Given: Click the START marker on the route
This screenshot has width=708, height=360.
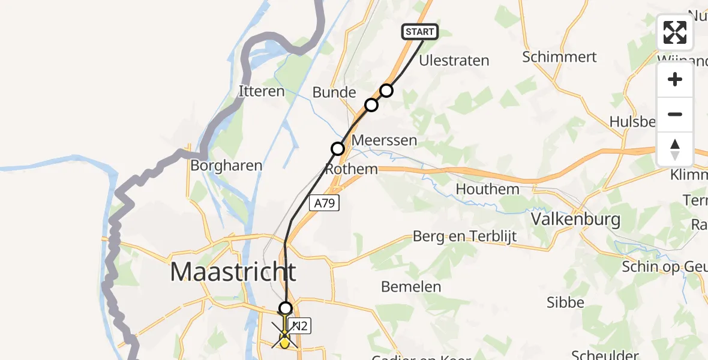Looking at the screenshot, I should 419,32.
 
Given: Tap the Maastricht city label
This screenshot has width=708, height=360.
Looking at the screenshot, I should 233,272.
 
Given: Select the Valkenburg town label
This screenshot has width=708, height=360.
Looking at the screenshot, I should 576,220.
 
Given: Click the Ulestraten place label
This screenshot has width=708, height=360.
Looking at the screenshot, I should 454,61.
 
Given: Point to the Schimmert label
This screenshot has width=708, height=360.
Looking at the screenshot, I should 559,57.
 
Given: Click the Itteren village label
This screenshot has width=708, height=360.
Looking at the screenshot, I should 262,92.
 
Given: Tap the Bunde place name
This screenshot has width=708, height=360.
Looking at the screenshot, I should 334,92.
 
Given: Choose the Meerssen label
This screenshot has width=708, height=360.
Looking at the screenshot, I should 385,140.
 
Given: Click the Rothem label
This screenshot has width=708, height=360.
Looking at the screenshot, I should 352,169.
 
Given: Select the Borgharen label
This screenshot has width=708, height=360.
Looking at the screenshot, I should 226,165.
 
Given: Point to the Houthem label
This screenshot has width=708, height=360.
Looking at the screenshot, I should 487,189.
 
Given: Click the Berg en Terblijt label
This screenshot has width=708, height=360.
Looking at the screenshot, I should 464,236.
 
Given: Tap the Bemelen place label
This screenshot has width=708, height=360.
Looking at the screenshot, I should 411,287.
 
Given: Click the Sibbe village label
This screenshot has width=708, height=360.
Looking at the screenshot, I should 565,302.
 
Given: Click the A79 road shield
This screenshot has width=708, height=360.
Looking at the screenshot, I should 325,203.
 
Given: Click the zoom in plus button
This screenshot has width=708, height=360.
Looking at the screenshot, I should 675,79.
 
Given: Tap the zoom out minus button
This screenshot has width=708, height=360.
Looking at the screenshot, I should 675,114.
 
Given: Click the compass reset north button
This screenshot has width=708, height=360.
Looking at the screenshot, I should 675,149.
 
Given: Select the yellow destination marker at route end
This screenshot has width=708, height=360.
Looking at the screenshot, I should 284,340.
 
